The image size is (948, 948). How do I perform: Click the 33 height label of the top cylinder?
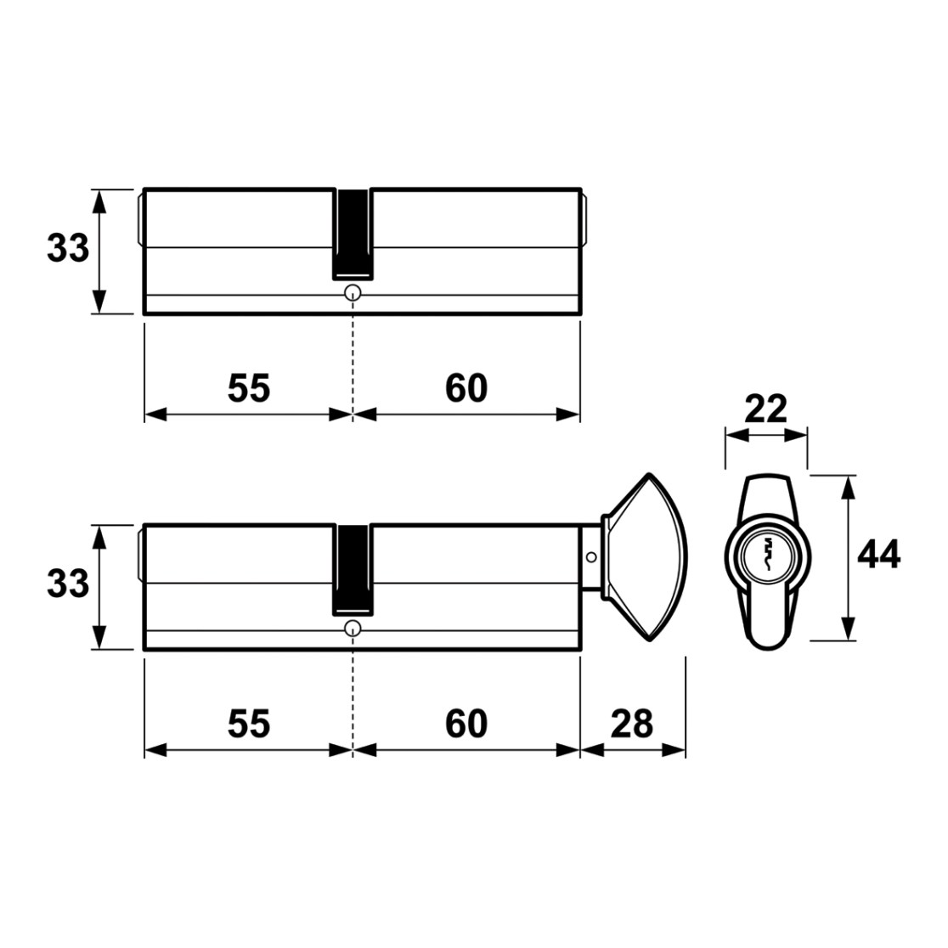68,249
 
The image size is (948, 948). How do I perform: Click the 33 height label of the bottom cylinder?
68,584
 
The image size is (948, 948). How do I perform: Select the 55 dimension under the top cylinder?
249,388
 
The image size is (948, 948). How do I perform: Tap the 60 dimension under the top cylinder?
466,388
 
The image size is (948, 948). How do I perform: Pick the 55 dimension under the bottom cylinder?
249,724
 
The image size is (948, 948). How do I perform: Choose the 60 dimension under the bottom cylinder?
466,724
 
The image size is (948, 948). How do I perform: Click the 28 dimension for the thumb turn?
632,724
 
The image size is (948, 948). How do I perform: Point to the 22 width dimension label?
765,409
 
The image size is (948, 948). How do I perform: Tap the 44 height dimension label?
879,554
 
